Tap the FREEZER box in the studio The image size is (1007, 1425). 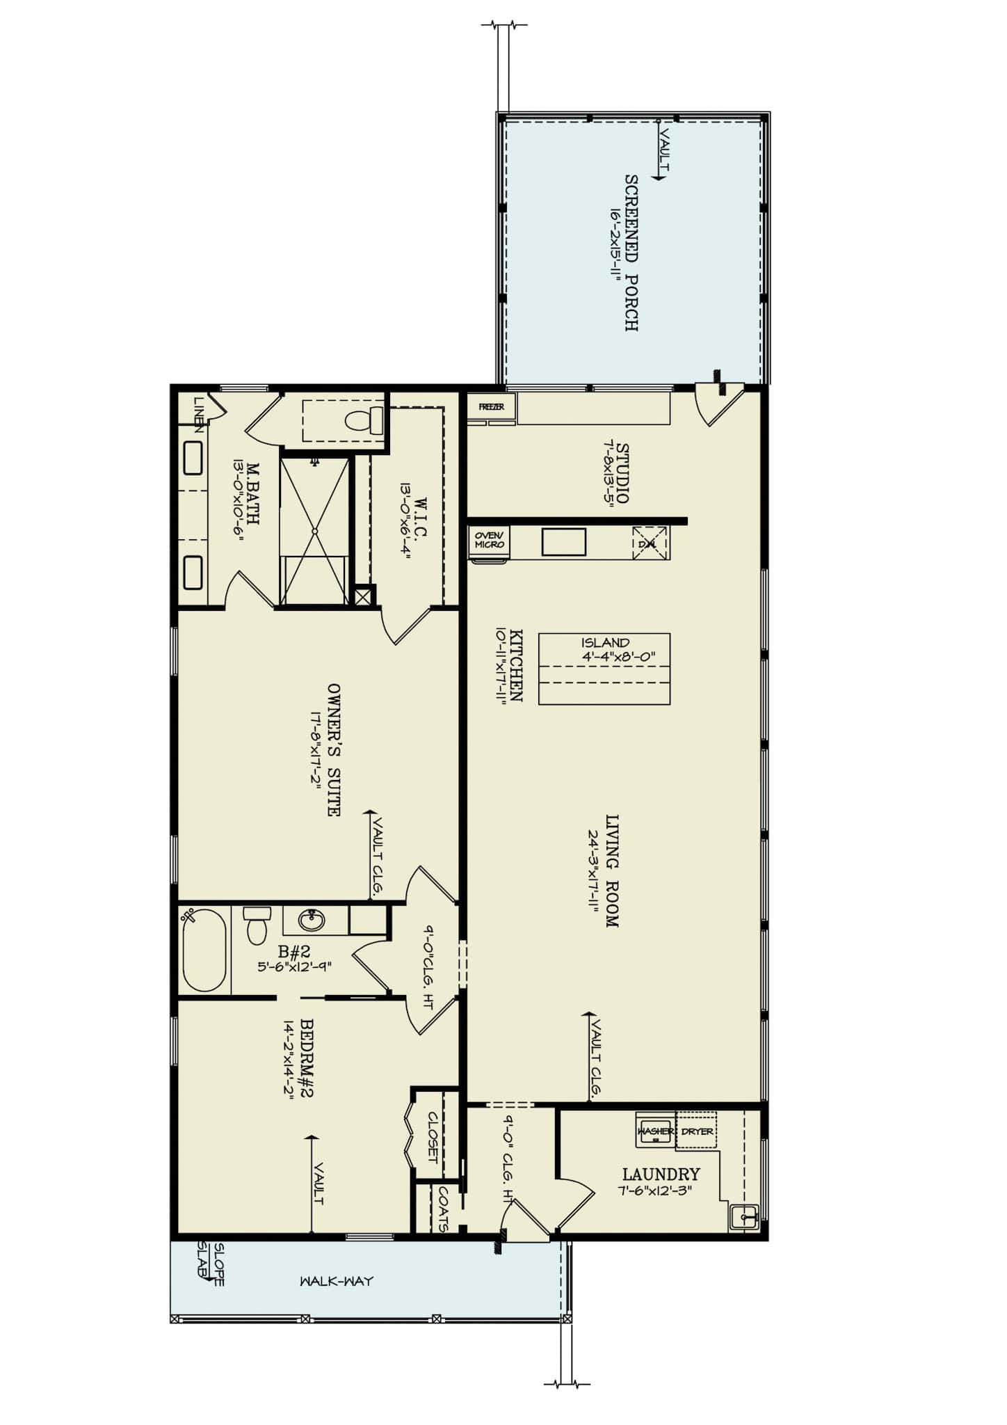click(x=491, y=407)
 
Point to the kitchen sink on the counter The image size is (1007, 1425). click(x=563, y=542)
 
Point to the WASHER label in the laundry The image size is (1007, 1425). click(x=655, y=1131)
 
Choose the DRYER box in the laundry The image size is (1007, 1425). click(x=697, y=1131)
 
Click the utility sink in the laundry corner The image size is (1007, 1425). click(x=744, y=1217)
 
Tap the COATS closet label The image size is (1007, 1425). click(x=442, y=1209)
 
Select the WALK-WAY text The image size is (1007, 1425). click(x=337, y=1281)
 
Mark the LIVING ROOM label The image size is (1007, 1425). click(x=611, y=870)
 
